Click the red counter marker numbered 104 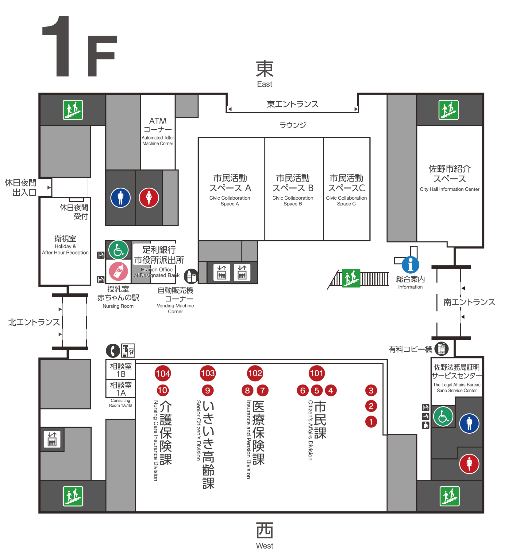(163, 373)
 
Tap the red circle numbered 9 (207, 390)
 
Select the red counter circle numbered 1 (371, 422)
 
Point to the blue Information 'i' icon (410, 265)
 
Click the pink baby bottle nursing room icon (118, 271)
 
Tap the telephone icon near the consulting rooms (113, 350)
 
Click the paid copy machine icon (441, 349)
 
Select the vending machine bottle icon (191, 276)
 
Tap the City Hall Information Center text (449, 189)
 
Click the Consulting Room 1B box (121, 370)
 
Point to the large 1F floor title (80, 47)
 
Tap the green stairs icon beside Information (351, 278)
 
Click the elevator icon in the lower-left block (52, 439)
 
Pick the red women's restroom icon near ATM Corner (149, 197)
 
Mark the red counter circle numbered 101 (317, 373)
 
